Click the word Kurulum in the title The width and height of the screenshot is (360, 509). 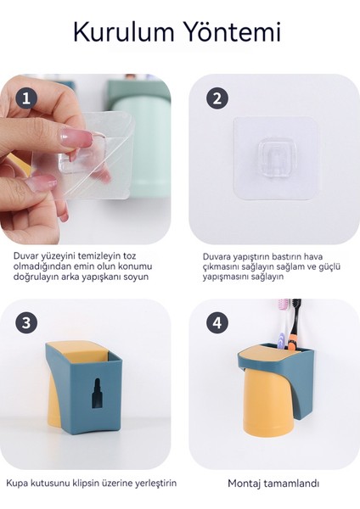(124, 32)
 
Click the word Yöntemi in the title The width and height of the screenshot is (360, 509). (233, 32)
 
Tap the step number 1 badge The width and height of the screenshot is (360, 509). (26, 98)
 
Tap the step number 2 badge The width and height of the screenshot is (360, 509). (217, 98)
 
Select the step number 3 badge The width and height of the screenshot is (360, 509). (26, 323)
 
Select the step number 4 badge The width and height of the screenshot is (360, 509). (217, 323)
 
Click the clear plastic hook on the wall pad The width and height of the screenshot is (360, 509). (273, 158)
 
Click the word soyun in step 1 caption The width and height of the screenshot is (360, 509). (137, 277)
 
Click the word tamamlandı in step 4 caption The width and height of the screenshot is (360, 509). (291, 484)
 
